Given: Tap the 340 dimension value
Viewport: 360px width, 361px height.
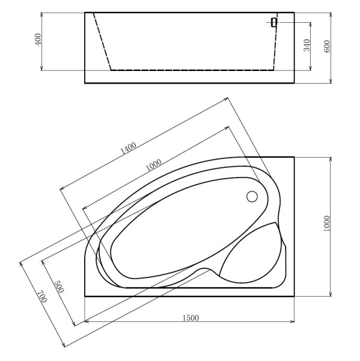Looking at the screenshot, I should pos(306,46).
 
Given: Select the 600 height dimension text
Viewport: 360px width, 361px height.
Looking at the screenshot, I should pos(327,47).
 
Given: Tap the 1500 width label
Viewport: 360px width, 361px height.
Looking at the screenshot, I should pos(189,317).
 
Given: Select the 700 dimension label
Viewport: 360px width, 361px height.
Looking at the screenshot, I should pos(41,297).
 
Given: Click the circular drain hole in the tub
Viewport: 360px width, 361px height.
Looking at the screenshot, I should pos(252,196).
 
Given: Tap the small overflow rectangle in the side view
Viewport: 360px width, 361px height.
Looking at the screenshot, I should pos(273,22).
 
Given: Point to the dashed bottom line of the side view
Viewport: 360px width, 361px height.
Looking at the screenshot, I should pos(192,70).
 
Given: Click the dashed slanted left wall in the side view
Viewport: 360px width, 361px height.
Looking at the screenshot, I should pos(102,42).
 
